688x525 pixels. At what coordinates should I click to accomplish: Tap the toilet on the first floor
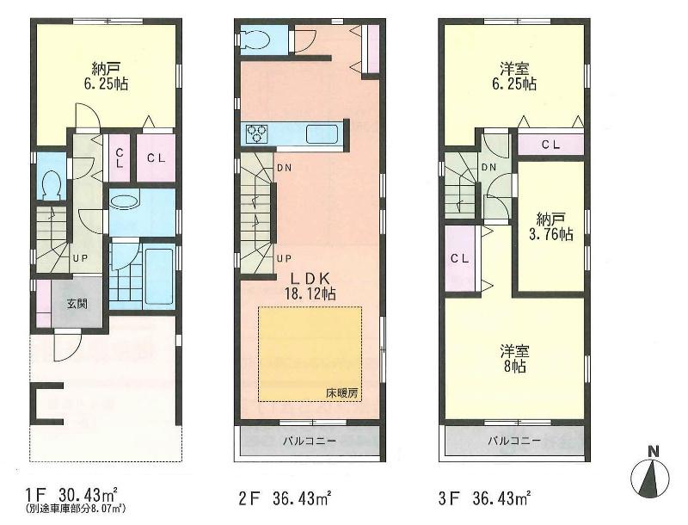click(x=51, y=184)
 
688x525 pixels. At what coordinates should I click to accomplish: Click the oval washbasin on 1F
click(x=125, y=202)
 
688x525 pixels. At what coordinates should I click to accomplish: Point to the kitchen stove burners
click(x=257, y=134)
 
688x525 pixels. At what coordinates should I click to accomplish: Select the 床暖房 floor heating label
click(x=342, y=392)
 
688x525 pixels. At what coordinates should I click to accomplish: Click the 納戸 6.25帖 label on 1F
click(x=106, y=77)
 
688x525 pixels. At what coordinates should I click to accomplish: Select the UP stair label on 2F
click(x=281, y=257)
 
